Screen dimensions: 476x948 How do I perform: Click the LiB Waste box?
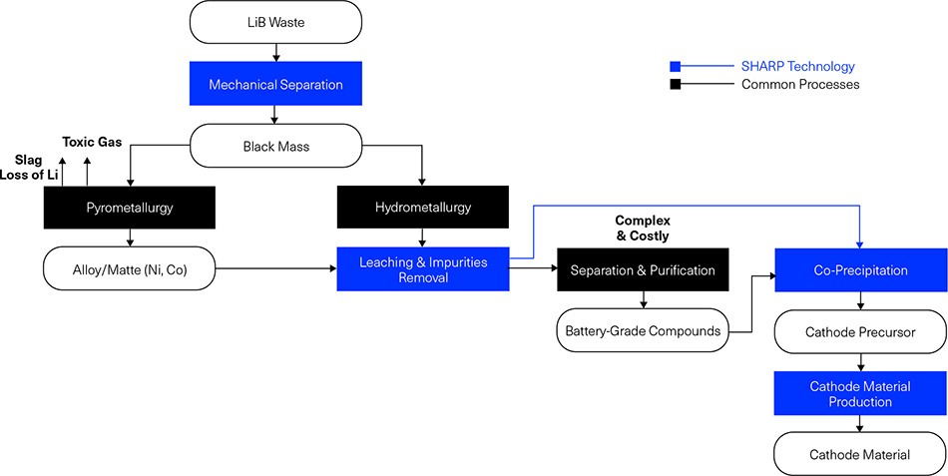click(x=275, y=22)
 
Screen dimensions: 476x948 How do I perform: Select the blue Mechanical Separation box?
click(x=275, y=85)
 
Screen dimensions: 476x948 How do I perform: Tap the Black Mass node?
click(x=275, y=147)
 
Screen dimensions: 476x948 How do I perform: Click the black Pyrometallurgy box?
click(x=129, y=209)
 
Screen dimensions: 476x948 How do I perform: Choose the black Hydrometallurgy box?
click(x=423, y=209)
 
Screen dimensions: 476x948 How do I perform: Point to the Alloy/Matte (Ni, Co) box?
click(x=129, y=268)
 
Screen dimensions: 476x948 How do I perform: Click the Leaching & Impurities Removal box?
click(x=423, y=269)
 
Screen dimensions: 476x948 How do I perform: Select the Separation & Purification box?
click(x=643, y=269)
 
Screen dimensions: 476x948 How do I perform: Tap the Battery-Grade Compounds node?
click(x=643, y=331)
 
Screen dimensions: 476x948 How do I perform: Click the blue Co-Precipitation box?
click(x=860, y=269)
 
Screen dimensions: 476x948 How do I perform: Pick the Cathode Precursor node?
click(x=860, y=331)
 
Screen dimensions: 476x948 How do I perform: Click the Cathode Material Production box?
click(x=860, y=393)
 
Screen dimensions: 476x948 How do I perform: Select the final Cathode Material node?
click(x=860, y=454)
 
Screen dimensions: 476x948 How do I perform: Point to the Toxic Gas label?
click(x=92, y=142)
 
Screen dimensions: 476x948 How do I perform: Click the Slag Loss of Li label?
click(x=31, y=168)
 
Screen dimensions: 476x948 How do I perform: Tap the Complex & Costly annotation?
click(x=642, y=228)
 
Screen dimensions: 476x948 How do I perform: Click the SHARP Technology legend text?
click(x=797, y=67)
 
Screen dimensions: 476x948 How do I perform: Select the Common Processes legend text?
click(x=800, y=85)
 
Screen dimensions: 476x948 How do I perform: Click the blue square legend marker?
click(x=676, y=67)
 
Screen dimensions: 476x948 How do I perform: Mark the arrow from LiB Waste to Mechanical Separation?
click(x=275, y=53)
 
